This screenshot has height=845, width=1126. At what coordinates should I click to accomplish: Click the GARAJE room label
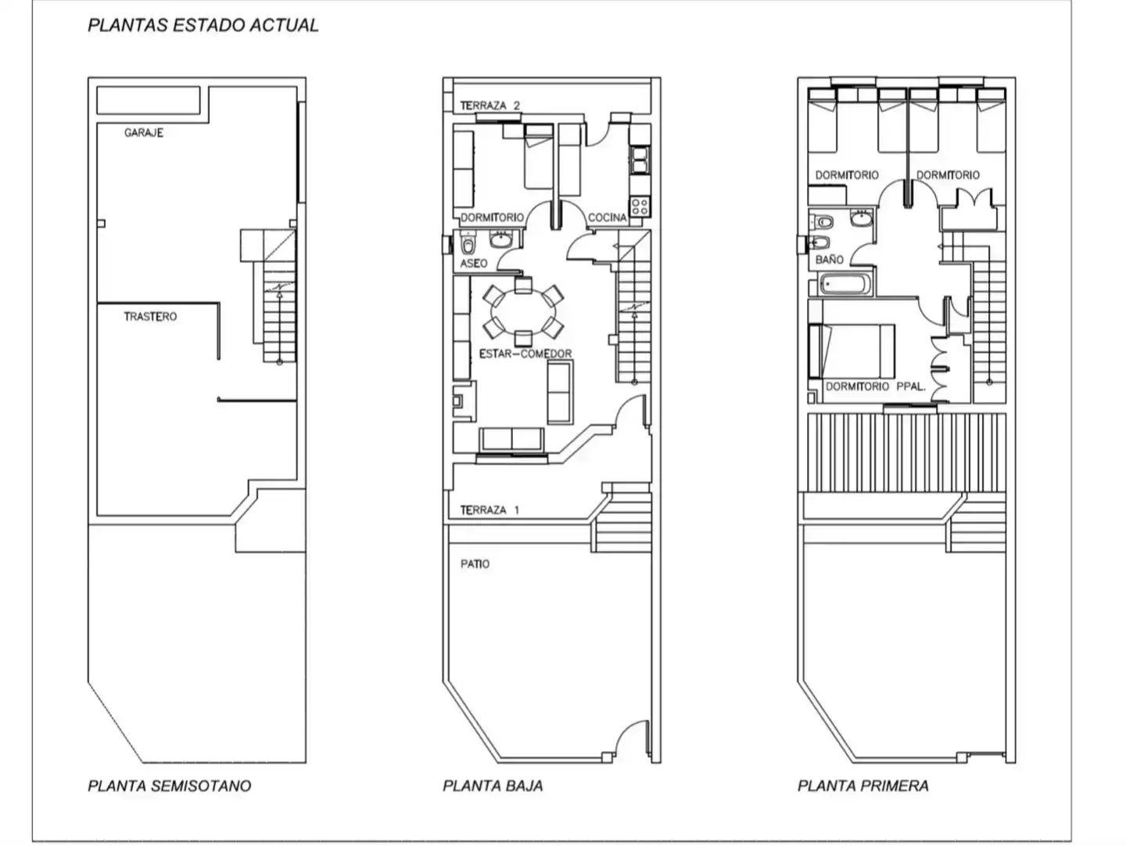(144, 133)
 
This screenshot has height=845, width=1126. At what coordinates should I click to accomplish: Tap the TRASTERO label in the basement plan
(150, 317)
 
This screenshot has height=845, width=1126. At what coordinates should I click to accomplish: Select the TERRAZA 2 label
(490, 106)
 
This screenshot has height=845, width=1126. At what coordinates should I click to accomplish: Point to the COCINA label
(608, 218)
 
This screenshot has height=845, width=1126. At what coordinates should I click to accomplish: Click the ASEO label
(474, 264)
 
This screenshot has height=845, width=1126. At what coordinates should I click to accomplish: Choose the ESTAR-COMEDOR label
(525, 354)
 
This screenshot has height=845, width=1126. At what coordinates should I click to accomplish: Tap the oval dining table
(523, 312)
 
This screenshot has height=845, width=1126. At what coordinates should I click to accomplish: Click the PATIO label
(475, 564)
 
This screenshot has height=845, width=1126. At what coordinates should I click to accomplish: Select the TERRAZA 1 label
(490, 510)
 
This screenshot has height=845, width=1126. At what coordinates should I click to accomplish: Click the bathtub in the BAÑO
(844, 284)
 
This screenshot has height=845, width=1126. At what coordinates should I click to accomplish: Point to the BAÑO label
(830, 259)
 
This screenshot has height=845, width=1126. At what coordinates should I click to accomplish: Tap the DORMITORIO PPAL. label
(876, 387)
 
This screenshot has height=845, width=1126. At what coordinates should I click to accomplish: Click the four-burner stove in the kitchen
(640, 207)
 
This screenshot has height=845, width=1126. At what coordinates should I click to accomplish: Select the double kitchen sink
(640, 160)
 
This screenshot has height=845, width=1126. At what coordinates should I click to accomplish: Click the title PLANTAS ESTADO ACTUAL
(203, 25)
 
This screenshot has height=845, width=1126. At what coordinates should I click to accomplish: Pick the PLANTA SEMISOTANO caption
(169, 786)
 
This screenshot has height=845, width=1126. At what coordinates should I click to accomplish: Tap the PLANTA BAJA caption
(493, 786)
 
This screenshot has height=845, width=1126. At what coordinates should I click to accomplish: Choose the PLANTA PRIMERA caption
(862, 786)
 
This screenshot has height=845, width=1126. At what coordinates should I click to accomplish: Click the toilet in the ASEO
(468, 243)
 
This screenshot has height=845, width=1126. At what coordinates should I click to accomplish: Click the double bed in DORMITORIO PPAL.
(852, 351)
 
